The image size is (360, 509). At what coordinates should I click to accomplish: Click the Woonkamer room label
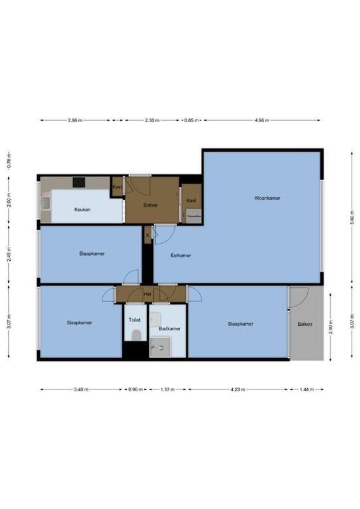pos(267,198)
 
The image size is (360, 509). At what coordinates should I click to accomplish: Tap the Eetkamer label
pos(181,255)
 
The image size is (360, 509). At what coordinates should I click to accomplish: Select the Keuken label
pos(82,209)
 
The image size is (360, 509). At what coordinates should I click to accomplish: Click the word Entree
pos(150,205)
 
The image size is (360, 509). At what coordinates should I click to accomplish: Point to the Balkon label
pos(305,324)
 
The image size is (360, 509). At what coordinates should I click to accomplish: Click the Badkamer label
pos(170,328)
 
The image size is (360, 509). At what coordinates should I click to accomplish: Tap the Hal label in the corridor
pos(147,294)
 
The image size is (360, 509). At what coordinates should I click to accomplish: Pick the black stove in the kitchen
pos(79,182)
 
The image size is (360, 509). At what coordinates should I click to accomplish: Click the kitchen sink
pos(46,204)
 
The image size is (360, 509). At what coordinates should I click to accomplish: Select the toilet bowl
pos(135,335)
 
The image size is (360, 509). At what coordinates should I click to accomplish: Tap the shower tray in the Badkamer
pos(160,347)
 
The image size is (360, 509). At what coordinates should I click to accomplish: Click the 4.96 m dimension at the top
pos(261,120)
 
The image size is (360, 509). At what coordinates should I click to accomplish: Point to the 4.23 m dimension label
pos(239,389)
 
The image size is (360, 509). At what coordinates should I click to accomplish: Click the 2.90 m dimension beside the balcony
pos(329,325)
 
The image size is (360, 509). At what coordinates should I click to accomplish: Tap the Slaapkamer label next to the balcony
pos(240,324)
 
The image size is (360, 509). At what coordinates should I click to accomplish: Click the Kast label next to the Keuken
pos(117,187)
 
